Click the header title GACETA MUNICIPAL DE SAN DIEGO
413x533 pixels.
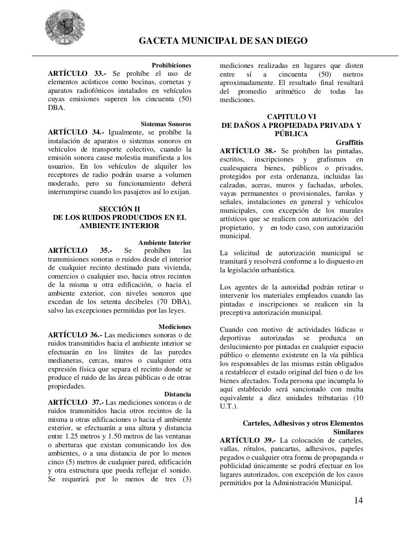pos(223,41)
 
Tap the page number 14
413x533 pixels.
pos(358,501)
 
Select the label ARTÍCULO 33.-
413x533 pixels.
pos(77,74)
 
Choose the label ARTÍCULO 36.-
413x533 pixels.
pos(75,335)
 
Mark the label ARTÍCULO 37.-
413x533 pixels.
pos(76,403)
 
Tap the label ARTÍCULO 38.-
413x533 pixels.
pos(247,151)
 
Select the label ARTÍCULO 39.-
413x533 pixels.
pos(247,441)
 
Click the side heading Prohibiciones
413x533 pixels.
pos(171,65)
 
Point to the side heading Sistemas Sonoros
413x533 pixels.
pos(166,124)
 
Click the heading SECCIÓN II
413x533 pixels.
pos(119,209)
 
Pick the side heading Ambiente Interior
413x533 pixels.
pos(164,243)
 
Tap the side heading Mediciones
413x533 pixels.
pos(174,327)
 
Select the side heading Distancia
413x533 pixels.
pos(177,394)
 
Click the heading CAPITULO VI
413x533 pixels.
pos(291,117)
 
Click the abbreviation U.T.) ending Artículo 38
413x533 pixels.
pos(228,406)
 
